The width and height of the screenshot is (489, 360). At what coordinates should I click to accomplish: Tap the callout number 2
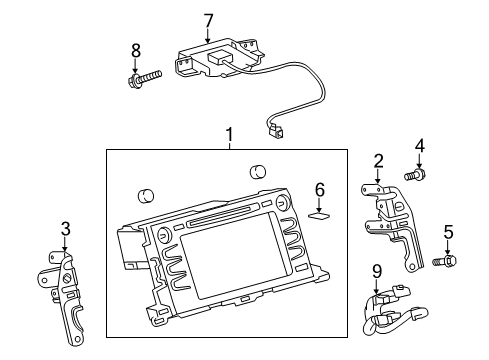click(x=379, y=161)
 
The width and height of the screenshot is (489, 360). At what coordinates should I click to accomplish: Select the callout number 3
click(x=65, y=228)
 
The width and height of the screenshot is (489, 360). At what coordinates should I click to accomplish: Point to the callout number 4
click(x=420, y=147)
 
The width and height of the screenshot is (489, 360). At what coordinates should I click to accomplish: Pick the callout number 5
click(x=448, y=232)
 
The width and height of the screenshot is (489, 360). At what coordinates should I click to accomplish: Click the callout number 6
click(x=320, y=188)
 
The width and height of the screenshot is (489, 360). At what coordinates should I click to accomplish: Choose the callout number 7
click(x=208, y=19)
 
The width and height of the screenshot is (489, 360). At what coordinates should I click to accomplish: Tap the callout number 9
click(x=377, y=270)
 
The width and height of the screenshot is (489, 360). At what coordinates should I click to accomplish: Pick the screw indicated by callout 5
click(x=446, y=261)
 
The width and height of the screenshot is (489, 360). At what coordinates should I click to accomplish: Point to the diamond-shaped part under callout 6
click(x=320, y=212)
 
